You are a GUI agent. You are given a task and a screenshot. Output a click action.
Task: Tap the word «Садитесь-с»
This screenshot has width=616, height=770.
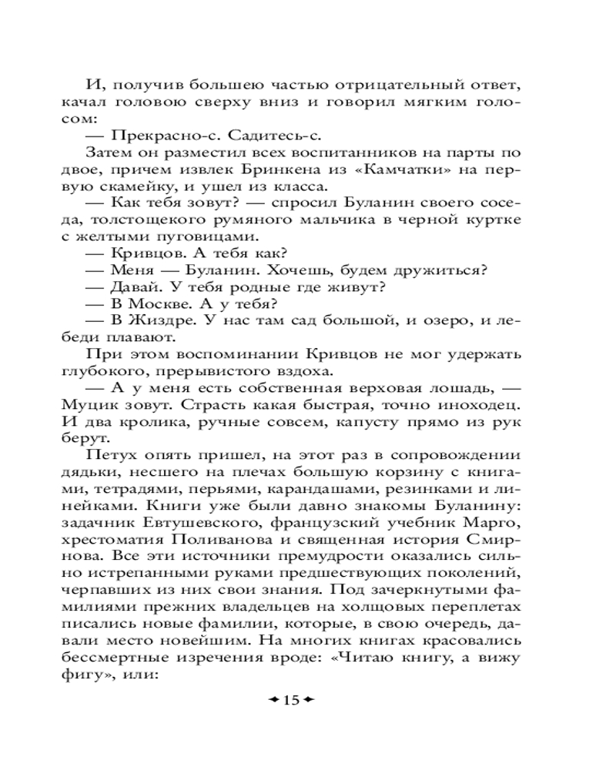(x=251, y=135)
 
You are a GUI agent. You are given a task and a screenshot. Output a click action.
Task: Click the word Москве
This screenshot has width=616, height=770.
(x=159, y=304)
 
